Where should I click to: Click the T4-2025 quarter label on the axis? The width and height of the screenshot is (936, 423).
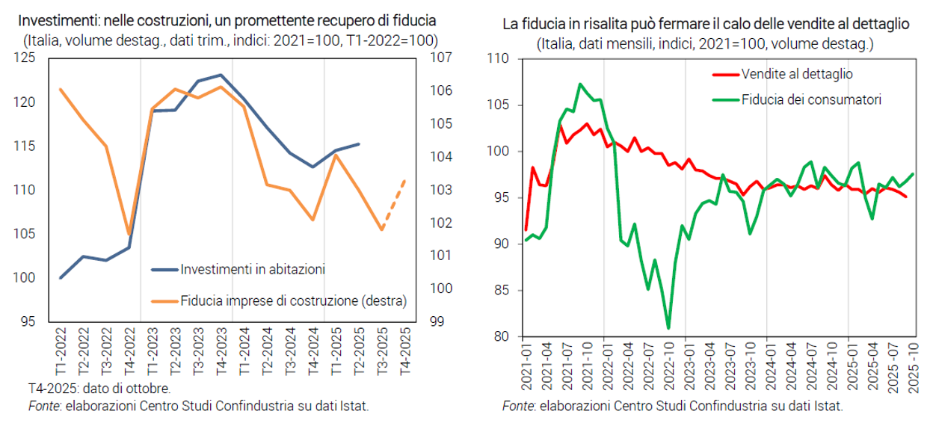pyautogui.click(x=404, y=356)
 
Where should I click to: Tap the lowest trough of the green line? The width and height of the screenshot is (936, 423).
pyautogui.click(x=668, y=327)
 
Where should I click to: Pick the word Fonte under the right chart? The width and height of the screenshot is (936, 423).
pyautogui.click(x=517, y=407)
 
